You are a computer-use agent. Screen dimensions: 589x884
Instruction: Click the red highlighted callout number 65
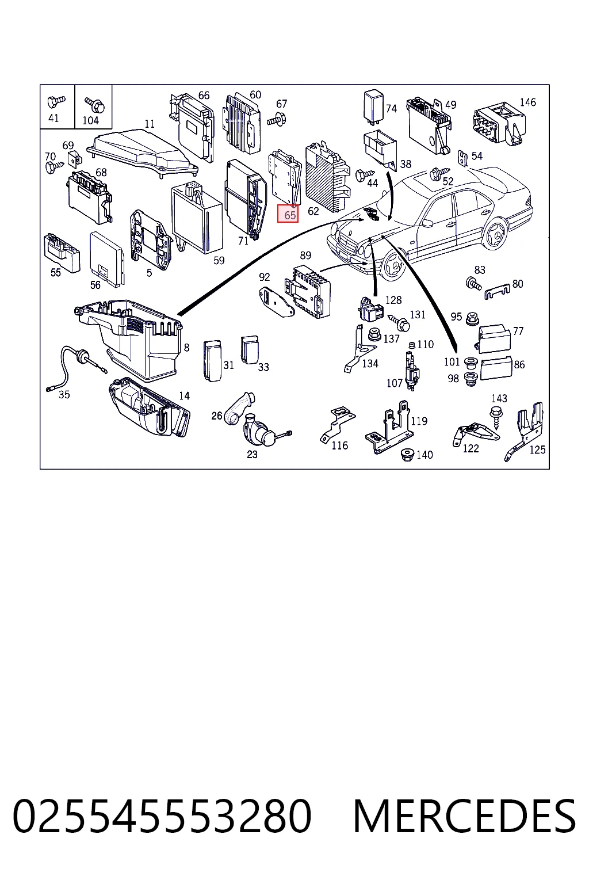point(288,215)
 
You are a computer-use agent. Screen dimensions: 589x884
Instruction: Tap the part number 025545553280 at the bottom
point(162,816)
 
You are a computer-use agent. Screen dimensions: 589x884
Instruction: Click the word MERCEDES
point(464,816)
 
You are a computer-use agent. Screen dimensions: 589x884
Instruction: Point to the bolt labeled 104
point(95,104)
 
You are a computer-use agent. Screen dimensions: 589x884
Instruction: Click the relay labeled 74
point(373,104)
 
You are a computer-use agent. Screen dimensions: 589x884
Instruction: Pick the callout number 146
point(528,102)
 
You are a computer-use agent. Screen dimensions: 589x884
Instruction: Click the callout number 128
point(393,300)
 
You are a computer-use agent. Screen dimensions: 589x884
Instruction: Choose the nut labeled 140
point(407,454)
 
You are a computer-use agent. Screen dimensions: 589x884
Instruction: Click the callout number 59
point(219,261)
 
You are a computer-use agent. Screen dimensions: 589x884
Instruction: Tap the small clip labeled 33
point(250,350)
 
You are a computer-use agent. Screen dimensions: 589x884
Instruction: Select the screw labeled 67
point(277,119)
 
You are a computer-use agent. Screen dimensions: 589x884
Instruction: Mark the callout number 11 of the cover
point(150,124)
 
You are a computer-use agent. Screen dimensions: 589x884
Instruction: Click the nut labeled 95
point(471,318)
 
